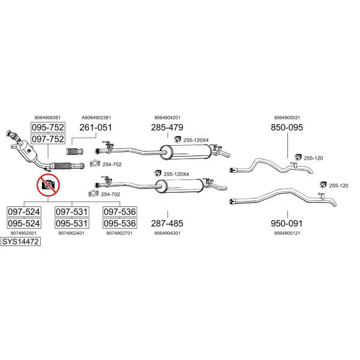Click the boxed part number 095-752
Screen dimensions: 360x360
coord(48,127)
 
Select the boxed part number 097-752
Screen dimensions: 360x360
coord(48,139)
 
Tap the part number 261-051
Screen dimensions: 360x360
coord(96,127)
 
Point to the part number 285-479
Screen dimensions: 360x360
coord(167,127)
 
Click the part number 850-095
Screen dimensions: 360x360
coord(287,127)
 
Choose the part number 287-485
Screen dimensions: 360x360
coord(167,223)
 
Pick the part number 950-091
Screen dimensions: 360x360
coord(287,223)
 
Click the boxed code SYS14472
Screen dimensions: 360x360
coord(20,242)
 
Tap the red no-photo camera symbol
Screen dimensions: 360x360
coord(48,185)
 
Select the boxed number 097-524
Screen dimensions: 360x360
coord(24,212)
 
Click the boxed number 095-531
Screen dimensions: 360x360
coord(72,223)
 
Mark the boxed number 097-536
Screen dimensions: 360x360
coord(120,212)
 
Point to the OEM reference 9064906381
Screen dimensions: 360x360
coord(48,118)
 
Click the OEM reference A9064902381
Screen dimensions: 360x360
coord(97,118)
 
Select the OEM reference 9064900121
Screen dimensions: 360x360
coord(287,233)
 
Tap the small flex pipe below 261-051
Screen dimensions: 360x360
coord(74,151)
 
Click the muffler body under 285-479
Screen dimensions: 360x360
coord(186,152)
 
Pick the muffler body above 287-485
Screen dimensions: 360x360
coord(179,186)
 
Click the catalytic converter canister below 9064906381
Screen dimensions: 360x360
coord(27,151)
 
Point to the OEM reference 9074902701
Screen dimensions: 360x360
coord(119,233)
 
